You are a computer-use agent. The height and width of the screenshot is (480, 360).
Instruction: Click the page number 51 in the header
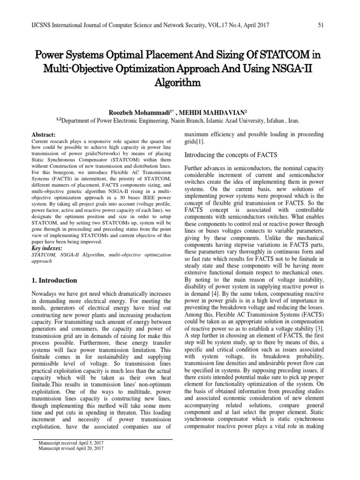pos(321,25)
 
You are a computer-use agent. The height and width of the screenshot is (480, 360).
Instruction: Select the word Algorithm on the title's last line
pos(180,83)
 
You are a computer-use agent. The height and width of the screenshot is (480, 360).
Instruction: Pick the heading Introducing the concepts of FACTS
pos(231,155)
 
